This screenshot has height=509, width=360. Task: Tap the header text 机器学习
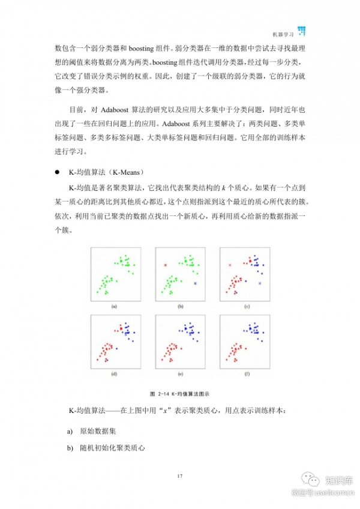click(283, 34)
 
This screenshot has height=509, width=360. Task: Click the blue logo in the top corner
click(302, 31)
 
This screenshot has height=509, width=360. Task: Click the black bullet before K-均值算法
click(58, 171)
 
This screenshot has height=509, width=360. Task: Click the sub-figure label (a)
click(114, 307)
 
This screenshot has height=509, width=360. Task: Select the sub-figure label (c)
click(246, 307)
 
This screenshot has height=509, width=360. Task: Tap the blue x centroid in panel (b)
click(194, 282)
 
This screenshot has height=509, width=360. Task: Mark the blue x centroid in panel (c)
click(260, 282)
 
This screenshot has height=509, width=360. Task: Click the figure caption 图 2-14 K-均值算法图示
click(179, 393)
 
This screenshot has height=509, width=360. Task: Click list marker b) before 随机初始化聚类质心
click(70, 448)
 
